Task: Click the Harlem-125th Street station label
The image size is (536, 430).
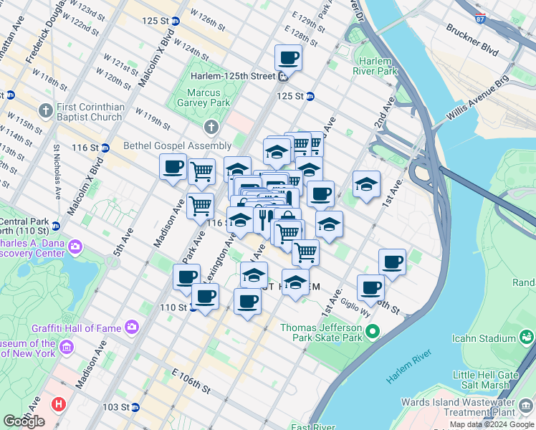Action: [x=233, y=76]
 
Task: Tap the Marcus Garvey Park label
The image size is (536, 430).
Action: [x=208, y=97]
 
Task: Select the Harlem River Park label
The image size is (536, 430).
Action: [x=375, y=66]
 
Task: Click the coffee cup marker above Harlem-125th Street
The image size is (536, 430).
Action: [x=288, y=58]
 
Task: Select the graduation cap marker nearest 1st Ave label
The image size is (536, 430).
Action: [x=366, y=185]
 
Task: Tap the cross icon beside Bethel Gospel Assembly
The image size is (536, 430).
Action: [x=211, y=128]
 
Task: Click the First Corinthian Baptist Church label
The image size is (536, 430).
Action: [x=90, y=113]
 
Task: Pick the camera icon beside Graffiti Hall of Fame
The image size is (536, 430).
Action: [x=131, y=327]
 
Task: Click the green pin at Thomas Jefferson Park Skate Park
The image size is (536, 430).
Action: [x=372, y=332]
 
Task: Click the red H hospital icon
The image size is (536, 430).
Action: [x=58, y=403]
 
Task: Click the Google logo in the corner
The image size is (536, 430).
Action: [x=24, y=421]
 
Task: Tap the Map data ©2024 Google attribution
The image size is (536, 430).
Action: [x=492, y=424]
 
